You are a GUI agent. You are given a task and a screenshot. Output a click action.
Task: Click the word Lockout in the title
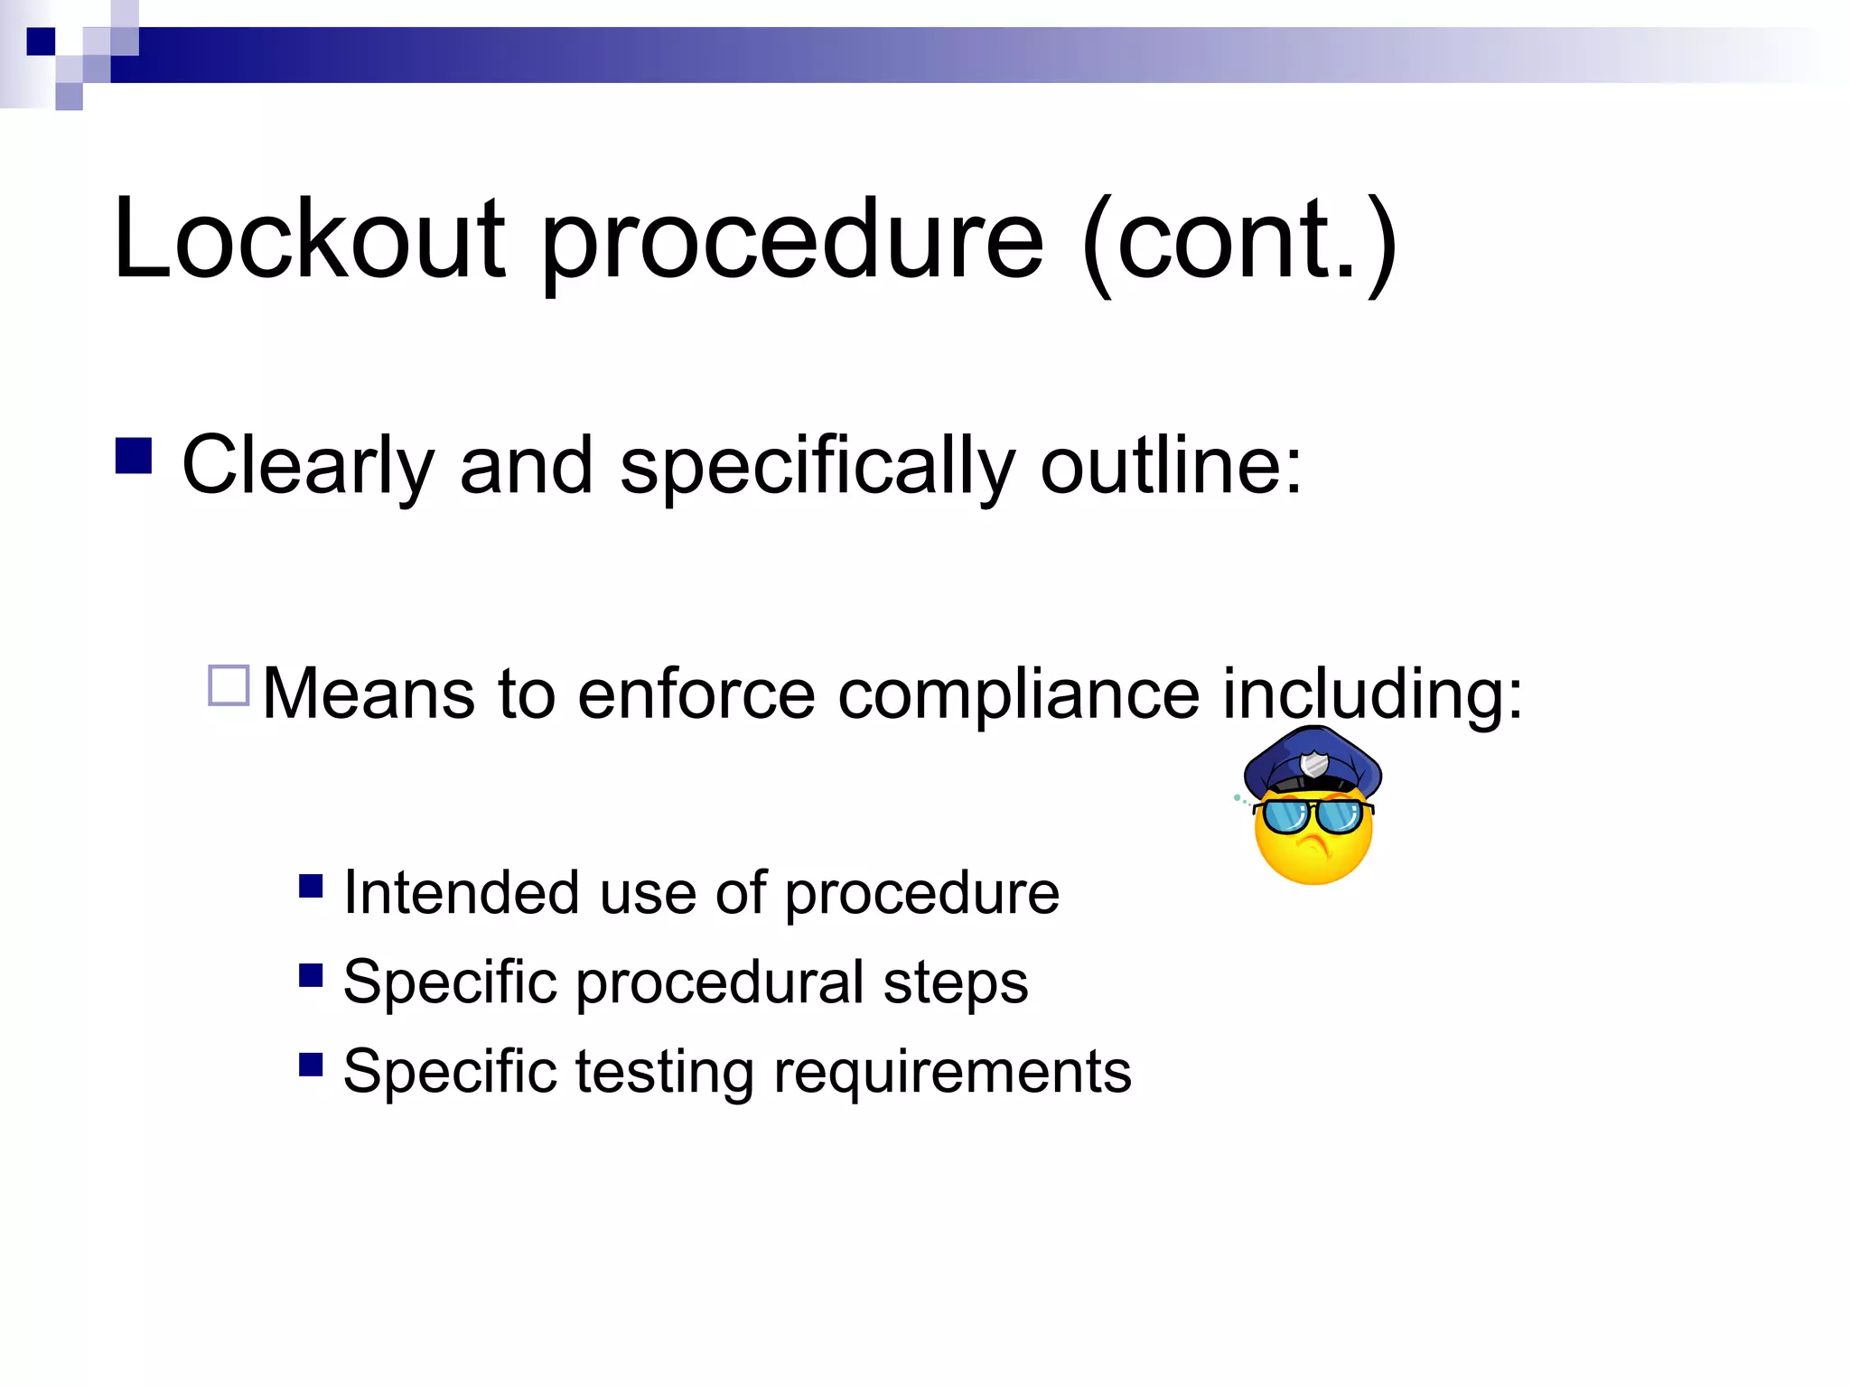(308, 239)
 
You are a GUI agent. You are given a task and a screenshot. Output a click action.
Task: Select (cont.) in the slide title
(1238, 242)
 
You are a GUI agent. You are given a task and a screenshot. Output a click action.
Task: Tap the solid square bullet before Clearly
(133, 456)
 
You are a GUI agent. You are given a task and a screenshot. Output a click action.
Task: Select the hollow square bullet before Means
(229, 685)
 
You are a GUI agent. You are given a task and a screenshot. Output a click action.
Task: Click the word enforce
(696, 694)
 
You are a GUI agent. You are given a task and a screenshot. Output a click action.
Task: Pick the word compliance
(1018, 696)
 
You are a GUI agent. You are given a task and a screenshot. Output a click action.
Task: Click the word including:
(1372, 694)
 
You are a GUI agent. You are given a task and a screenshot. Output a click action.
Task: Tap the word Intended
(461, 893)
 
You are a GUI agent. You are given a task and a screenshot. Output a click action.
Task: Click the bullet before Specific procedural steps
(311, 975)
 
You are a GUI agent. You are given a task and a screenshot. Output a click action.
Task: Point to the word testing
(664, 1073)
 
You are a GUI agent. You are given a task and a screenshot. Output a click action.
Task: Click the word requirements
(952, 1073)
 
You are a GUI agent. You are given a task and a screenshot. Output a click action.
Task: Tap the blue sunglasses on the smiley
(1313, 815)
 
